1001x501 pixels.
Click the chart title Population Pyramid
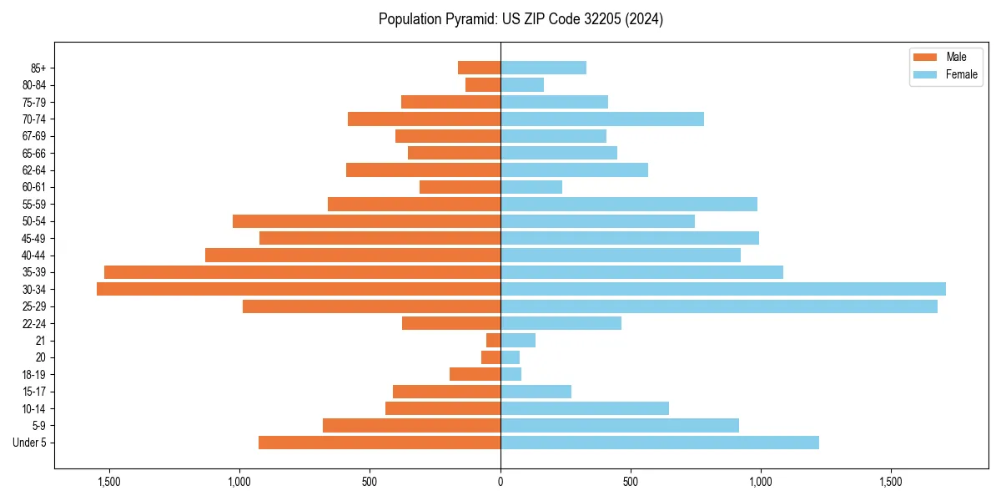[x=521, y=19]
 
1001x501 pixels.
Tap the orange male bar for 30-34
[x=299, y=289]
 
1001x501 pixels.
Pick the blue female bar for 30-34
[x=722, y=289]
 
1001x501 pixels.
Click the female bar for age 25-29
[x=718, y=306]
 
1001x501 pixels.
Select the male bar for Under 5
[x=380, y=443]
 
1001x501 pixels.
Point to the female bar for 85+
[x=543, y=68]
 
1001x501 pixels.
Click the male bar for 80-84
[x=483, y=84]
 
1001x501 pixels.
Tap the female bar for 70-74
[x=601, y=119]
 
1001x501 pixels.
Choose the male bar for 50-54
[x=366, y=221]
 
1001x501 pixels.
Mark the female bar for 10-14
[x=584, y=408]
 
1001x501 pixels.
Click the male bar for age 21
[x=493, y=340]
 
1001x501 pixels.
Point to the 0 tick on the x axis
[x=500, y=482]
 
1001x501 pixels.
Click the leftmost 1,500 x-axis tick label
[x=109, y=482]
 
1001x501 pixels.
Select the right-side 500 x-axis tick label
[x=631, y=482]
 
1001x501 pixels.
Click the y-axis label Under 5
[x=30, y=443]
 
